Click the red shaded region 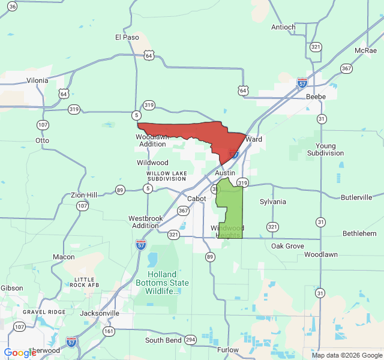[192, 132]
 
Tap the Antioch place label [283, 27]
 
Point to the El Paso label [127, 37]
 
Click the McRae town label [365, 50]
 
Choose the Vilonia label [37, 80]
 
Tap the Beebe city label [316, 97]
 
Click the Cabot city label [197, 199]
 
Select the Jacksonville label [100, 313]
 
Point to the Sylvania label [272, 202]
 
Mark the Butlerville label [356, 197]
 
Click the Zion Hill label [84, 196]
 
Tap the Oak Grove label [287, 246]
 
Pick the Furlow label [228, 350]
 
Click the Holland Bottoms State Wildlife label [162, 283]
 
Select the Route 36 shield [13, 6]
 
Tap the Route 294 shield [190, 340]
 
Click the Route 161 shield [109, 331]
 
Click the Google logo [20, 353]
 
